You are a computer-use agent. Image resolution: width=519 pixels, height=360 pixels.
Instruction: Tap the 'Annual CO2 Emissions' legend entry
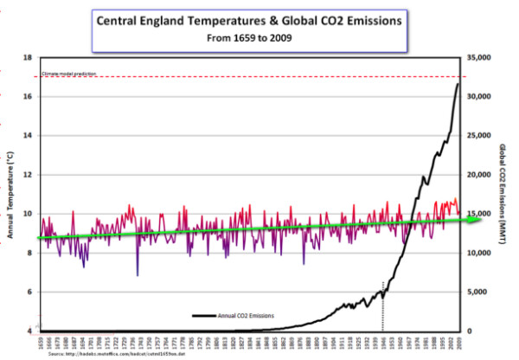tap(247, 315)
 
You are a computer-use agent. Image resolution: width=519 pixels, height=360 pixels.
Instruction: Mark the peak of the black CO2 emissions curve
tap(458, 84)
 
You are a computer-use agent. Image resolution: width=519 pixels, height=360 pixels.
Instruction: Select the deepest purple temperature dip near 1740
tap(138, 275)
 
